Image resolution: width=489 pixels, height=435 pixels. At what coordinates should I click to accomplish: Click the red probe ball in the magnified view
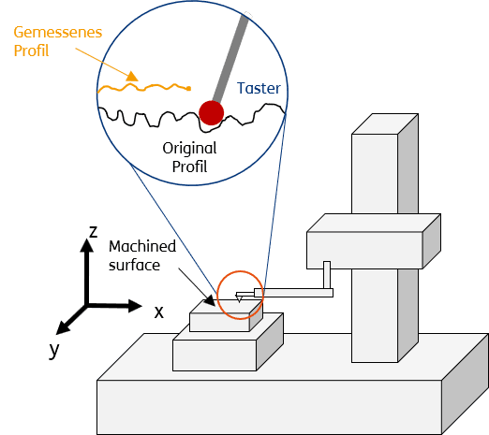(212, 113)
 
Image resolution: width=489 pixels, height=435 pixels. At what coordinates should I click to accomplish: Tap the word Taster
(259, 88)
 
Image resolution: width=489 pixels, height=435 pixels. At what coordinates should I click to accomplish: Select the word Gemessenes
(58, 32)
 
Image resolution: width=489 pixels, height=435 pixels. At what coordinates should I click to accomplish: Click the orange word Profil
(31, 51)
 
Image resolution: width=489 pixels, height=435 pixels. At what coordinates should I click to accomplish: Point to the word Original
(189, 148)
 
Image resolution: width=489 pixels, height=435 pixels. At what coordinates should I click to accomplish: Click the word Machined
(142, 246)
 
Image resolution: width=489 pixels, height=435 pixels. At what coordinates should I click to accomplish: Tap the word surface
(134, 266)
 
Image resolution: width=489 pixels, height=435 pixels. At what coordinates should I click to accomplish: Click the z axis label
(94, 232)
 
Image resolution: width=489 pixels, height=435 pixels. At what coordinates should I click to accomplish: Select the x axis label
(159, 312)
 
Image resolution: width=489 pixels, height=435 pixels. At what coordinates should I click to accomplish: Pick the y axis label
(54, 350)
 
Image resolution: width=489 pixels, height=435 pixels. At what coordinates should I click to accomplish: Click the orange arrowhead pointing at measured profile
(132, 77)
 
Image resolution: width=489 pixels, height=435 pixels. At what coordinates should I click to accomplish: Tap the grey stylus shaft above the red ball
(230, 58)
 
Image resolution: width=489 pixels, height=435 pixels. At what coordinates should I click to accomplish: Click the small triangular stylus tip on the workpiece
(239, 299)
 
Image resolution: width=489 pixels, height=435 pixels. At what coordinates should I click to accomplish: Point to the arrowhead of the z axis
(86, 245)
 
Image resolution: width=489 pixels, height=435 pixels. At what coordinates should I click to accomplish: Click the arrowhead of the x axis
(135, 306)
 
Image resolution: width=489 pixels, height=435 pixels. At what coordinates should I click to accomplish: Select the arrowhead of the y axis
(62, 328)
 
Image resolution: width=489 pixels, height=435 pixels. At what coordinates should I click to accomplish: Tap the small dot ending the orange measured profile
(188, 89)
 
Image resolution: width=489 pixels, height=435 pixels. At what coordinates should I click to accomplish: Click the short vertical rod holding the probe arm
(327, 275)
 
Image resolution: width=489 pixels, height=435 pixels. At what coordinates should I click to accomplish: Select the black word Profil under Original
(189, 167)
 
